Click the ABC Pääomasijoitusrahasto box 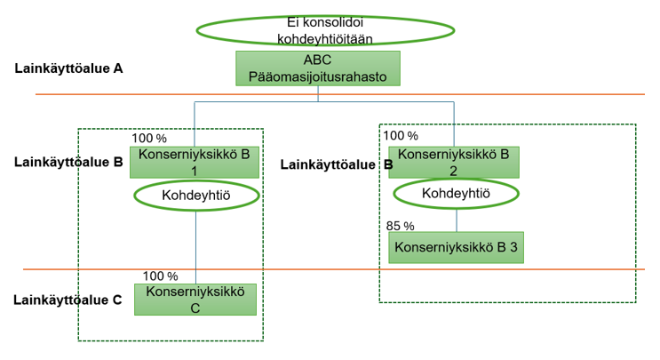click(317, 68)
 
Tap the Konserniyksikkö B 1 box click(195, 162)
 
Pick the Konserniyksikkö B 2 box click(453, 162)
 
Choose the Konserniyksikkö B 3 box click(456, 248)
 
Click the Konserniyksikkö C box click(195, 299)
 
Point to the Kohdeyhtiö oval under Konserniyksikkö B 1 click(195, 194)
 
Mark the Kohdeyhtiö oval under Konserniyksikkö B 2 click(457, 193)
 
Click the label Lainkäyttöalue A click(68, 68)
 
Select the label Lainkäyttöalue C click(68, 300)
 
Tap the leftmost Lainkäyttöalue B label click(68, 163)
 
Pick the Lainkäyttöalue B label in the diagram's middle click(337, 164)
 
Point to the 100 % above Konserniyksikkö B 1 click(149, 138)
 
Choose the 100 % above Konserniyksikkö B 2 click(400, 136)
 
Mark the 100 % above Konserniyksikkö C click(160, 276)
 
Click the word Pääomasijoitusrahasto click(317, 76)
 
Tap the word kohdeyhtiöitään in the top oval click(324, 38)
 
